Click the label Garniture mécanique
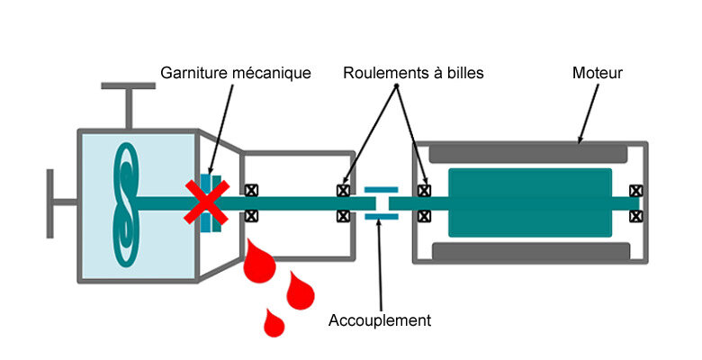(236, 73)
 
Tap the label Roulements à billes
(413, 73)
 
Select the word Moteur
(598, 73)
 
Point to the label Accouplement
(380, 320)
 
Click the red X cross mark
(207, 202)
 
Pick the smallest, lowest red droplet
(274, 323)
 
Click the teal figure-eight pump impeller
(126, 204)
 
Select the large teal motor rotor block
(530, 202)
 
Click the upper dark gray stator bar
(527, 153)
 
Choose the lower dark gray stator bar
(531, 251)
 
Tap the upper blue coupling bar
(381, 190)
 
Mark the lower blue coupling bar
(382, 217)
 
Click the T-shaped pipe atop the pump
(129, 105)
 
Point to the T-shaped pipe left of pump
(62, 203)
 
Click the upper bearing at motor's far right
(635, 191)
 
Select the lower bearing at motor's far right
(635, 217)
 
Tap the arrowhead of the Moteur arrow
(580, 139)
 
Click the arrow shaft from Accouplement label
(380, 265)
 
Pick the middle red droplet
(300, 290)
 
